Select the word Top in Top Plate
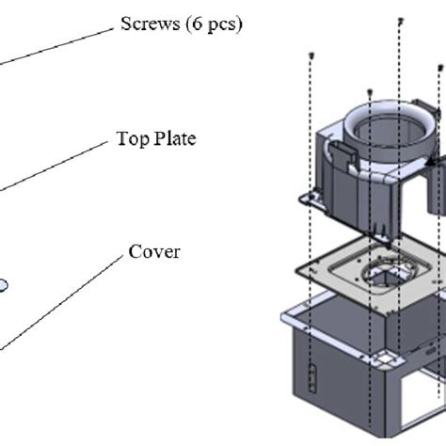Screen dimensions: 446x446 [x=131, y=138]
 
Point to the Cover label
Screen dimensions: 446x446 [x=154, y=251]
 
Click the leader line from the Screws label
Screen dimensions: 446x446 [x=56, y=46]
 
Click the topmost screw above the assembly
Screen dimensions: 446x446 [x=401, y=20]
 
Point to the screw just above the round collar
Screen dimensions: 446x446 [x=370, y=92]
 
